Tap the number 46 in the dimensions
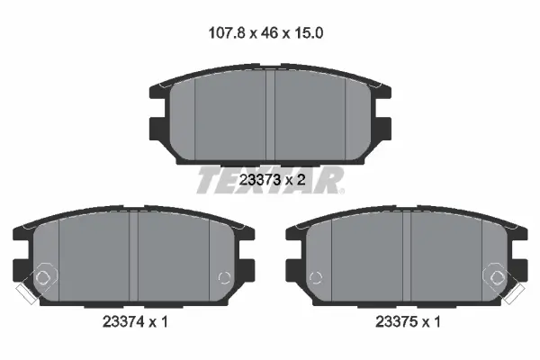pos(269,33)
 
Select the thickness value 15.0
pos(308,33)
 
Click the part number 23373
pos(260,179)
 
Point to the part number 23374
pos(123,322)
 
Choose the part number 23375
pos(396,322)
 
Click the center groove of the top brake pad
pos(270,114)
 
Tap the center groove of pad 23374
pos(133,256)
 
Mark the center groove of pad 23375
pos(407,256)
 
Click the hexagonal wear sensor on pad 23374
pos(43,276)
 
